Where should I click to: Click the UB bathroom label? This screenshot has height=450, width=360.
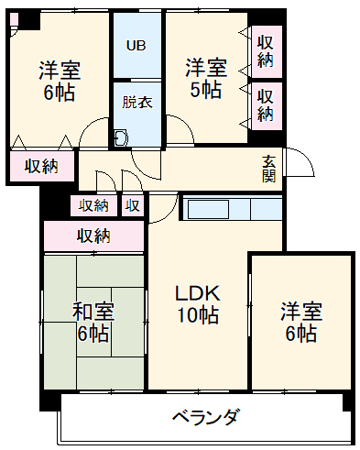136,45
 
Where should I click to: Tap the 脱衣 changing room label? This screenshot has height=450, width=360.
137,102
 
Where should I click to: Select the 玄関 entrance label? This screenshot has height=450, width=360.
268,168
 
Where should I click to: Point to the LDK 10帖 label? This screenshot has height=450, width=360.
197,304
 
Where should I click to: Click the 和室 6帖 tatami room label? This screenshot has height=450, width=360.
92,323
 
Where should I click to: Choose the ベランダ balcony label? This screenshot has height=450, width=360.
206,417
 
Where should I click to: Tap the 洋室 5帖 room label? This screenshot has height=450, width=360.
205,78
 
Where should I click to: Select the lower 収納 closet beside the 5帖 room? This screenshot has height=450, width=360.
266,104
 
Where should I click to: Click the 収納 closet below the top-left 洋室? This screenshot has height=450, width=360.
41,166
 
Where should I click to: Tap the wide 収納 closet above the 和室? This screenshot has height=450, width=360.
93,236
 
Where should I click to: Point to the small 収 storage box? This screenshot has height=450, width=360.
134,205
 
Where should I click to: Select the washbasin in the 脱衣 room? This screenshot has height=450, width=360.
121,138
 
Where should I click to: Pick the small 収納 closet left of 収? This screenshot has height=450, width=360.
93,205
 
